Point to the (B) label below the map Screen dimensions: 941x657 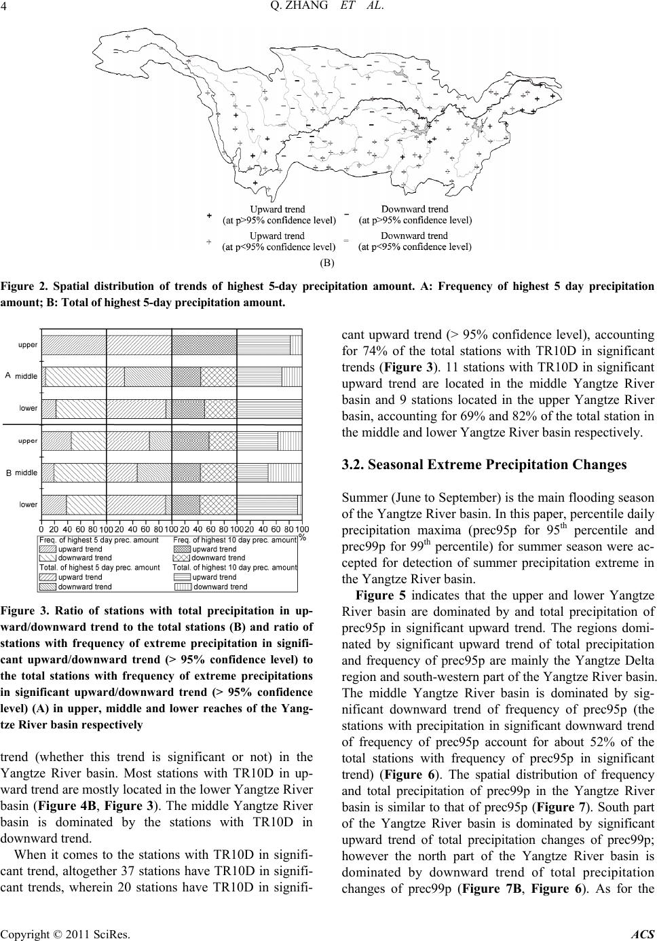tap(327, 261)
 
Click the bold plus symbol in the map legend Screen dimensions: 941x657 tap(209, 215)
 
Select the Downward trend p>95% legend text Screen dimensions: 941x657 tap(415, 215)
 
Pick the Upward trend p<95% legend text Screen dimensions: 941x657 tap(278, 241)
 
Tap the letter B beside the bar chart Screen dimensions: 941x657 tap(7, 473)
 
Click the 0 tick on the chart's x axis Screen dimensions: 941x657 tap(41, 528)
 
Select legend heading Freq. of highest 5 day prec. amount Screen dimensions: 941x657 tap(98, 540)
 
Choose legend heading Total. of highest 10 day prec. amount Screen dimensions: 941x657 tap(235, 567)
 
